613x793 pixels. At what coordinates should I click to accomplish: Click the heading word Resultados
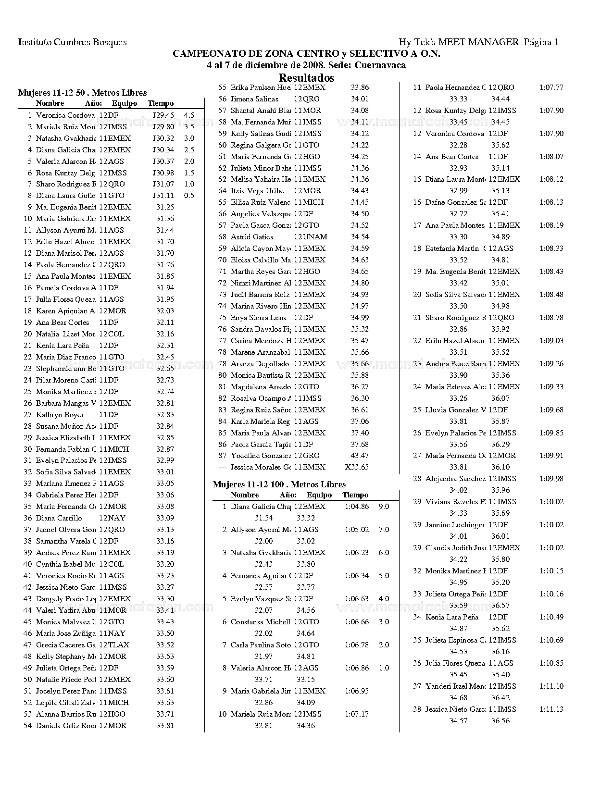(306, 78)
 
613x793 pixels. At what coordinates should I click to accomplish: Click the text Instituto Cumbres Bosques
(72, 42)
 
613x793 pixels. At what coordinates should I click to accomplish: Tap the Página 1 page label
(541, 42)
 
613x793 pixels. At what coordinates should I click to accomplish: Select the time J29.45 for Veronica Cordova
(163, 115)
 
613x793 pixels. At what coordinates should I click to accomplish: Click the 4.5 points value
(189, 115)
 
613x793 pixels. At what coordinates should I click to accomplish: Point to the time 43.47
(360, 456)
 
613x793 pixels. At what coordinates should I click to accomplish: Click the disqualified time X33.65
(357, 467)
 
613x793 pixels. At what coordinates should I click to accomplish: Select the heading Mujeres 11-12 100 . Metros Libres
(279, 484)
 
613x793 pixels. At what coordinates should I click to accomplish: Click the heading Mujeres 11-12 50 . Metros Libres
(82, 93)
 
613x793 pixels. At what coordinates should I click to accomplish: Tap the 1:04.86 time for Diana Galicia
(357, 507)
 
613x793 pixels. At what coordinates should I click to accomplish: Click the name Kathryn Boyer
(60, 415)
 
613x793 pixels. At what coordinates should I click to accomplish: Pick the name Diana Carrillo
(59, 518)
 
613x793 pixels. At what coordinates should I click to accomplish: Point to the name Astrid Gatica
(252, 237)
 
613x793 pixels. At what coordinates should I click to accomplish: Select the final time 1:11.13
(551, 709)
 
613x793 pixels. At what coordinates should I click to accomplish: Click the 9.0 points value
(384, 507)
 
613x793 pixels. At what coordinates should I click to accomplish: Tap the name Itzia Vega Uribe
(257, 191)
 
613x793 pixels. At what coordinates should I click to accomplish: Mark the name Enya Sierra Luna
(259, 318)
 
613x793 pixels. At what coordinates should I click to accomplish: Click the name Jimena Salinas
(254, 99)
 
